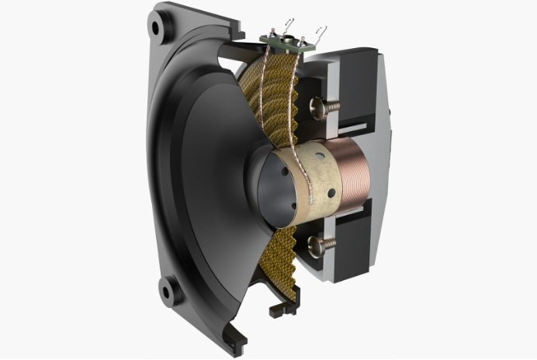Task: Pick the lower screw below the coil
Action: click(x=323, y=247)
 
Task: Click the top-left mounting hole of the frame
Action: click(x=159, y=27)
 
